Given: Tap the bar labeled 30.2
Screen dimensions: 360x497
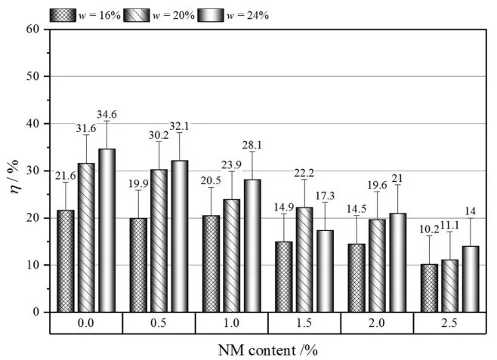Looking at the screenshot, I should (x=159, y=241).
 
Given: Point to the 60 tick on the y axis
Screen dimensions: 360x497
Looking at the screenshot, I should (x=32, y=29).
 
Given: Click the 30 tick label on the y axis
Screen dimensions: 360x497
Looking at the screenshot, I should (x=32, y=171).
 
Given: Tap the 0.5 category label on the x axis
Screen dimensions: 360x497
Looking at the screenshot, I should (x=159, y=323).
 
